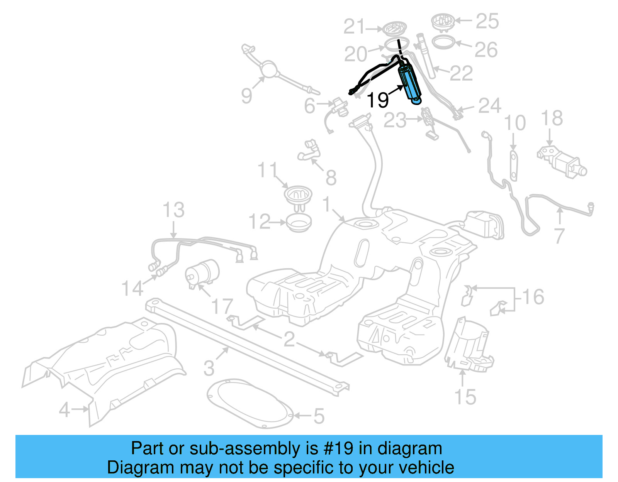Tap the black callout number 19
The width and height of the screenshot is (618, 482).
coord(377,100)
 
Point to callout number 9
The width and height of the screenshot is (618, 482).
coord(247,95)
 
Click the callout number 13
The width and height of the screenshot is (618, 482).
coord(173,210)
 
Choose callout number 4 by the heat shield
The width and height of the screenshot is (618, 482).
coord(65,409)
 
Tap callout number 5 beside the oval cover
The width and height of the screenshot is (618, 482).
coord(319,416)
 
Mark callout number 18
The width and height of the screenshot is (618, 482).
coord(552,118)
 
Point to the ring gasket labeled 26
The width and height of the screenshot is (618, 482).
coord(443,42)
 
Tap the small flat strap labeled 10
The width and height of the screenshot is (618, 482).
coord(513,166)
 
